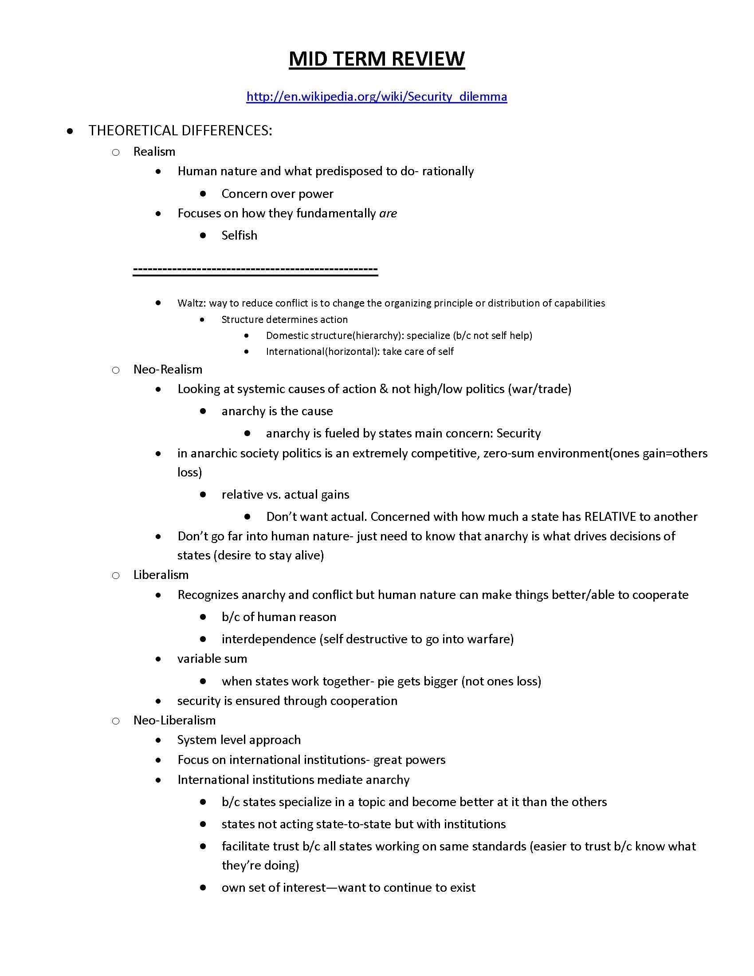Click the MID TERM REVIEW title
377,59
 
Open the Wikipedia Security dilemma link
377,97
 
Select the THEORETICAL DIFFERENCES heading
180,130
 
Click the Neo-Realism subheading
168,369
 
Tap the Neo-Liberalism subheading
174,720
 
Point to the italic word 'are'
388,213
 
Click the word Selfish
239,235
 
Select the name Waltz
191,303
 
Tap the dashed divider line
255,270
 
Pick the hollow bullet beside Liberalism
116,575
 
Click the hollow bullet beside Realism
116,152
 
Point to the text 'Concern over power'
277,193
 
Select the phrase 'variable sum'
212,658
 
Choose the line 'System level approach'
239,740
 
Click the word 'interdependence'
268,638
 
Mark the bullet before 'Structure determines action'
203,319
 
